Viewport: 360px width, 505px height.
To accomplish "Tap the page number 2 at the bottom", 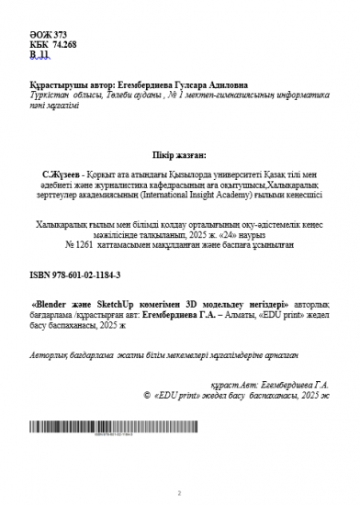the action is [179, 492].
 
